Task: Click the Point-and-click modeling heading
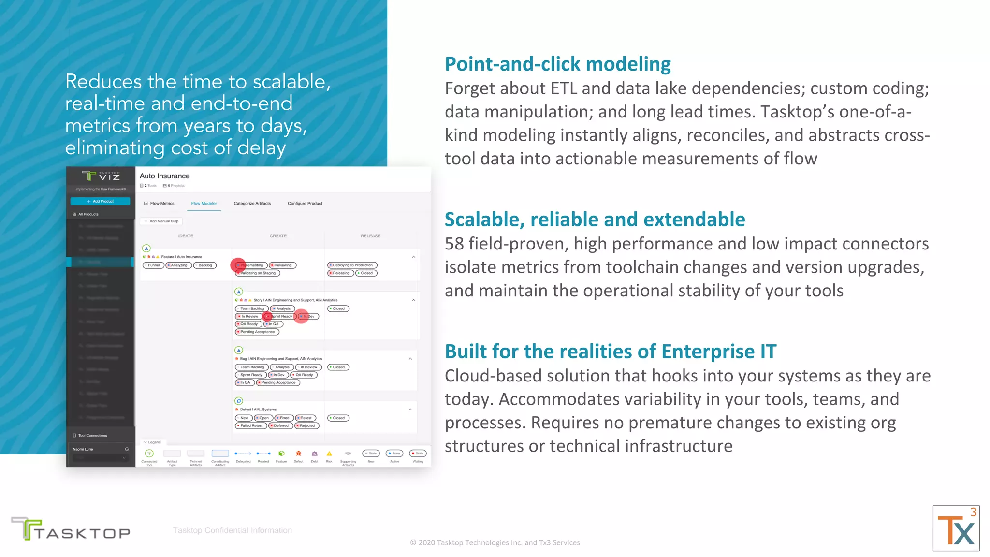point(557,64)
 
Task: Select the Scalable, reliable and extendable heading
point(595,220)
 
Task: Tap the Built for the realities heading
point(610,352)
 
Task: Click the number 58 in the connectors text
point(454,244)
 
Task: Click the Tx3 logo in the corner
point(956,528)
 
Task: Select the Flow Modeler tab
point(204,204)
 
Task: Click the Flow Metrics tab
point(159,204)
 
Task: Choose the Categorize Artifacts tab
point(252,204)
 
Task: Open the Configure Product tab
point(305,204)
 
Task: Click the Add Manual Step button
point(161,221)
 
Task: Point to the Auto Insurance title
point(164,176)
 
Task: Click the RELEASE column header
point(370,236)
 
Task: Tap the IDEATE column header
point(186,236)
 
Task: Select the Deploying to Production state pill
point(352,265)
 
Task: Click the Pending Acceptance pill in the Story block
point(257,332)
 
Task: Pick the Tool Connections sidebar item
point(92,436)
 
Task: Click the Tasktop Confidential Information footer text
point(232,530)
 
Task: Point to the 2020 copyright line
point(495,542)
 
